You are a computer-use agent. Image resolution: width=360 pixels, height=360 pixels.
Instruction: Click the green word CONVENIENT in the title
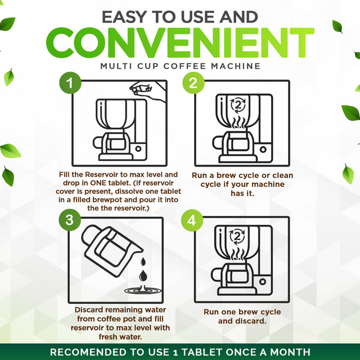pyautogui.click(x=180, y=43)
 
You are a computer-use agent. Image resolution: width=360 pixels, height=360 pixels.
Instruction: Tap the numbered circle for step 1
pyautogui.click(x=70, y=83)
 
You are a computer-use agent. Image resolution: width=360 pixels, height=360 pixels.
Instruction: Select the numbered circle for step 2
pyautogui.click(x=193, y=83)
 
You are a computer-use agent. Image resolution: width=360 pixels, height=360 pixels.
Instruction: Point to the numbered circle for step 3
pyautogui.click(x=70, y=220)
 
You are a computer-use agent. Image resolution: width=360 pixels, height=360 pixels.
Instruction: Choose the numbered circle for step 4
pyautogui.click(x=192, y=220)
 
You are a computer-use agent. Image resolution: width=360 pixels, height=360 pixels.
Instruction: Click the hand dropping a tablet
pyautogui.click(x=147, y=91)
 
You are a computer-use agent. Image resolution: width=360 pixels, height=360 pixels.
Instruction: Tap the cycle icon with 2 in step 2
pyautogui.click(x=238, y=105)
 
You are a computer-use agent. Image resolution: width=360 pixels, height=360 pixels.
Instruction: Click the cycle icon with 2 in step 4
pyautogui.click(x=237, y=236)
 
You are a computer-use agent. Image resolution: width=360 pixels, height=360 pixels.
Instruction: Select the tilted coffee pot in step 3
pyautogui.click(x=112, y=250)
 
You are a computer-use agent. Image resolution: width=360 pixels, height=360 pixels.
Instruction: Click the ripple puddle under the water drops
pyautogui.click(x=143, y=290)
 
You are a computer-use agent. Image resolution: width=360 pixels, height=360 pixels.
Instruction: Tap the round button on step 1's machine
pyautogui.click(x=138, y=148)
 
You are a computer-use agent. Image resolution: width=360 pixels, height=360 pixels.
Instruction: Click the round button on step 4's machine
pyautogui.click(x=263, y=281)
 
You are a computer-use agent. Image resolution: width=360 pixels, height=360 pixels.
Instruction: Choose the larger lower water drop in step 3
pyautogui.click(x=143, y=275)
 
